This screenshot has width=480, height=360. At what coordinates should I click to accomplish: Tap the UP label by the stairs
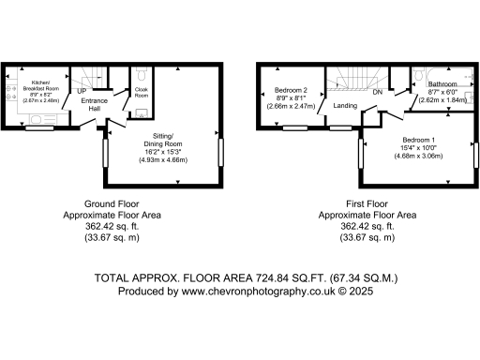tap(82, 92)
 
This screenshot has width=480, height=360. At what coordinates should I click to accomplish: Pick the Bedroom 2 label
tap(292, 90)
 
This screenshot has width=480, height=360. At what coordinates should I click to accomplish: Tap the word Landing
tap(343, 106)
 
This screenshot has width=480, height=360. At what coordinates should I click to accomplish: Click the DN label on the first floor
tap(377, 93)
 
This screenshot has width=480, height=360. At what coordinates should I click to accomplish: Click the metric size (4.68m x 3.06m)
tap(405, 156)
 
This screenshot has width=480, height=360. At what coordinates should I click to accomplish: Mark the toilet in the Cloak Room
tap(141, 113)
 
